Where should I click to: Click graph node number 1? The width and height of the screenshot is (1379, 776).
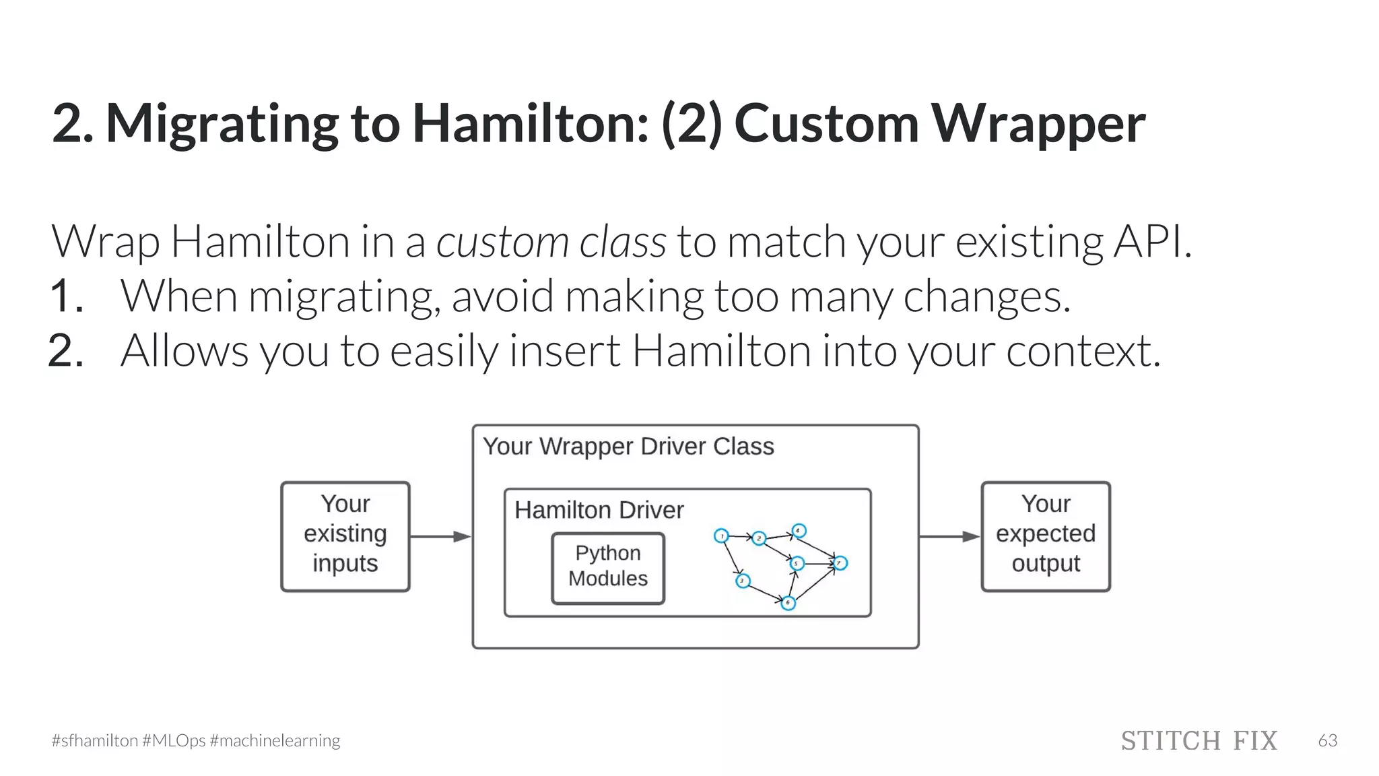721,536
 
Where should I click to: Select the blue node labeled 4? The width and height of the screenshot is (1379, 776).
799,531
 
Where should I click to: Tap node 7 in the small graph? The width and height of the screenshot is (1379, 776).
840,563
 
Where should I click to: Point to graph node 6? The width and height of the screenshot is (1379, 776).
788,603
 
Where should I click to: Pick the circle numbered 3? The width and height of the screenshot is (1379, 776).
742,581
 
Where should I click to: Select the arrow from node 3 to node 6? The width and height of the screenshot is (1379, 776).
765,591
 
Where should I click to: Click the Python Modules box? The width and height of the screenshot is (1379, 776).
608,568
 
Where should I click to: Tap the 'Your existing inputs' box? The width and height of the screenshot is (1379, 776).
345,536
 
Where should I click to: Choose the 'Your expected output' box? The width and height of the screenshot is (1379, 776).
1046,536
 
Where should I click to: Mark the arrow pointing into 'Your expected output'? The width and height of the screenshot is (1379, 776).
949,537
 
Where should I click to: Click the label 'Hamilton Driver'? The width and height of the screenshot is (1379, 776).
599,510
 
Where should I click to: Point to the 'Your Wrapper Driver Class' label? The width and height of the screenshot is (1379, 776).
628,447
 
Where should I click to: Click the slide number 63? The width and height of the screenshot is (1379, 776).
1327,740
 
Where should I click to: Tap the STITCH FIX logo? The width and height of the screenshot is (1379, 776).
1199,740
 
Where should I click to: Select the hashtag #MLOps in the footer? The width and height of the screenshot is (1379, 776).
174,741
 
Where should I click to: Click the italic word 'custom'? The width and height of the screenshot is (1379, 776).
502,242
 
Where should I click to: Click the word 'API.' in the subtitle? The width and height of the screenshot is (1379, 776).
1152,242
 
